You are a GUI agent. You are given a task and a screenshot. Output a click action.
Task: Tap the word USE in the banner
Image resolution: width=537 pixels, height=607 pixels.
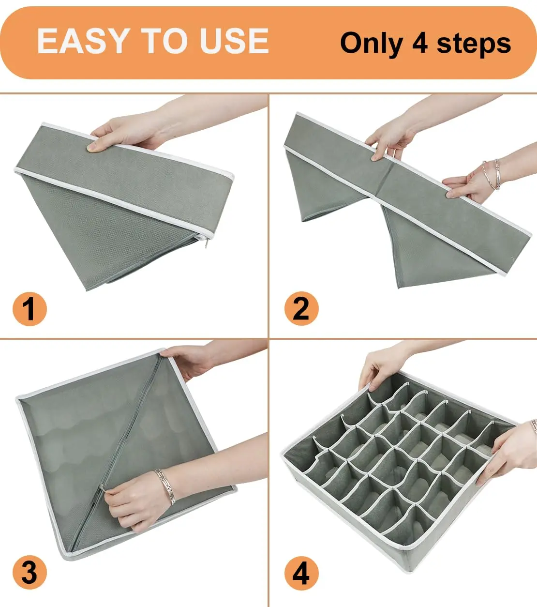234,41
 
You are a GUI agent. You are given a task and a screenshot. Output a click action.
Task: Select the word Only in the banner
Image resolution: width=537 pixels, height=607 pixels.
371,44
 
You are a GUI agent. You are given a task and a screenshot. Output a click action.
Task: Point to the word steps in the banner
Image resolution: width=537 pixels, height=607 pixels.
474,45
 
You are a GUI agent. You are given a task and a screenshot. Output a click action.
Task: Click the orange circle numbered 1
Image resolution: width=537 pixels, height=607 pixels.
30,309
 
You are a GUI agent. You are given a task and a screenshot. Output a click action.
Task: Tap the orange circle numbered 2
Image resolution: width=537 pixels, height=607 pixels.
301,308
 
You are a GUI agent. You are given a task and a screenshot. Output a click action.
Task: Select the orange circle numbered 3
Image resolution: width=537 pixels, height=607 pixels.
30,573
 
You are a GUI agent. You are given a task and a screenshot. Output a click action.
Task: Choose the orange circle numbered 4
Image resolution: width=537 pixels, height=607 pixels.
301,573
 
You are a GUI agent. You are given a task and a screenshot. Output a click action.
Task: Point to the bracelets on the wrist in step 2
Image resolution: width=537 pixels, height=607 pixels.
492,175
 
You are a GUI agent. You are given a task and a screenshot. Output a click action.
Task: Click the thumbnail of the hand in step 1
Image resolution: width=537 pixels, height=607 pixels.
92,147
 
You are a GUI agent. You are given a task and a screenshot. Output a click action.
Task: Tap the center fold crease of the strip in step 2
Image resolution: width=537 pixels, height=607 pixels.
387,181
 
